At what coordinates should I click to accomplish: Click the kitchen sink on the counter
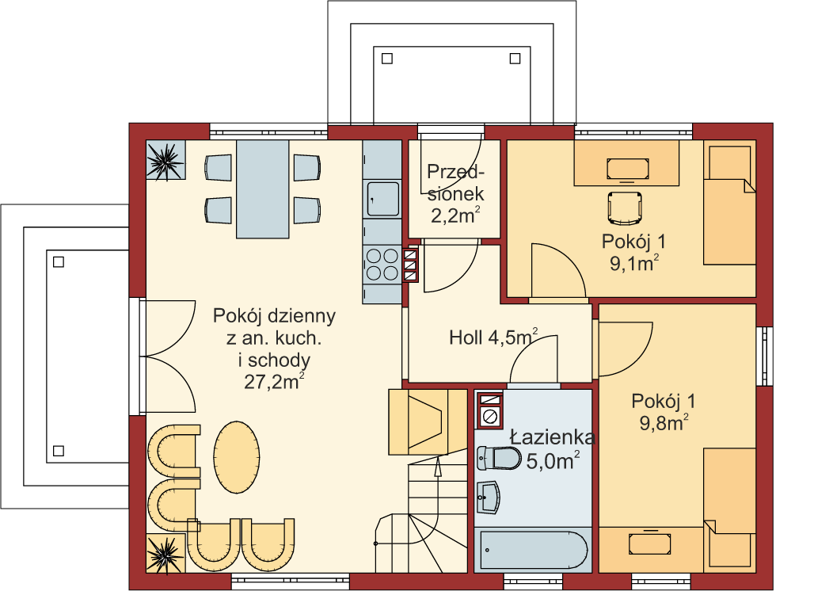point(383,198)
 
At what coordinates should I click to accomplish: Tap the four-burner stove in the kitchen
point(382,265)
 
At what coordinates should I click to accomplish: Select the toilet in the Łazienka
point(498,458)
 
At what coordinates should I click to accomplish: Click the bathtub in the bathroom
point(533,550)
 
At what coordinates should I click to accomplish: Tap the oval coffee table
point(237,457)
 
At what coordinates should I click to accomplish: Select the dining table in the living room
point(263,189)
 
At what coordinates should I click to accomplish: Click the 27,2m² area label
point(274,382)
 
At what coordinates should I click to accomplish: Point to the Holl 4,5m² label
point(493,337)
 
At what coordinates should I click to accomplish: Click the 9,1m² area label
point(634,263)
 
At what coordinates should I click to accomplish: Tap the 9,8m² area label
point(664,423)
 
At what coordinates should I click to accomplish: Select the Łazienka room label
point(552,437)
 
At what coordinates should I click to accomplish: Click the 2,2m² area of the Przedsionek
point(455,215)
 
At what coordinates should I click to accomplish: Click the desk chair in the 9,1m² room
point(626,208)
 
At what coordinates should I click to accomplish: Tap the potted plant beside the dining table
point(165,161)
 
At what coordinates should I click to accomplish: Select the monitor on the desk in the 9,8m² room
point(649,543)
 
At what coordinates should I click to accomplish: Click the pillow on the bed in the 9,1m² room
point(730,162)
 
